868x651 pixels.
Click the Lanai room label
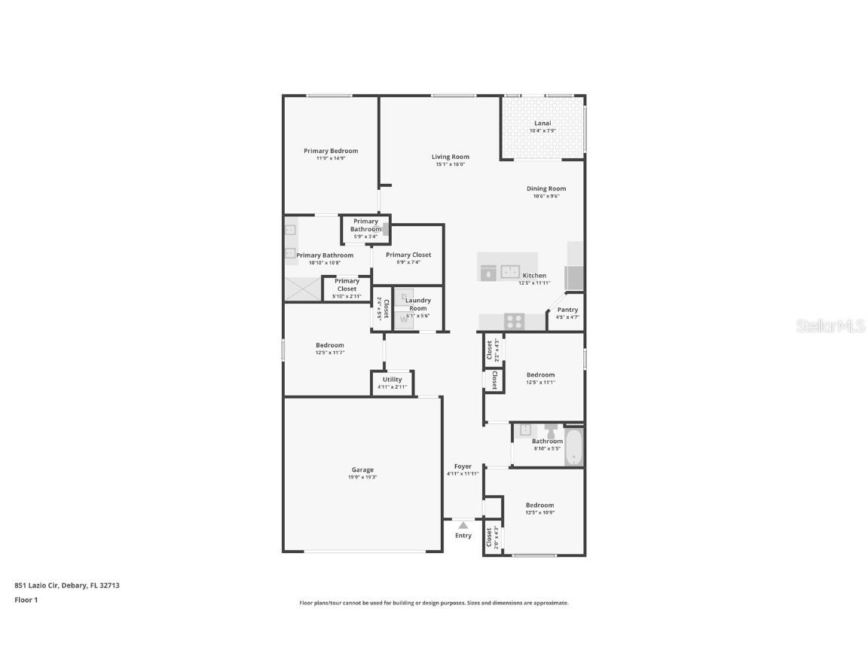click(542, 123)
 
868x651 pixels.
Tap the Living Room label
click(450, 157)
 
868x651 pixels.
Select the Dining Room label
click(546, 188)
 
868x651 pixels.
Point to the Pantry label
click(567, 310)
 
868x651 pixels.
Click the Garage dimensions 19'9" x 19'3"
click(362, 477)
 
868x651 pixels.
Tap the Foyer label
click(463, 466)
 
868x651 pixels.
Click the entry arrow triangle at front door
click(463, 524)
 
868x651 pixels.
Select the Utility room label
click(392, 379)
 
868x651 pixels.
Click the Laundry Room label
click(418, 304)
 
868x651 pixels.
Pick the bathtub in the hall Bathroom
click(573, 448)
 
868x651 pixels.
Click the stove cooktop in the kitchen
click(514, 321)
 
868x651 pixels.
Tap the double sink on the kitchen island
click(511, 272)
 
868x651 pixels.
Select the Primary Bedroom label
click(331, 151)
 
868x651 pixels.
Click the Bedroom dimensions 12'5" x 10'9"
click(539, 513)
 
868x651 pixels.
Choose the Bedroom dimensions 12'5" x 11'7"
click(329, 353)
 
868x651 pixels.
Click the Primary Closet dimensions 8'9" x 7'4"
click(408, 262)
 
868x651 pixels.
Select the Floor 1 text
click(26, 601)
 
